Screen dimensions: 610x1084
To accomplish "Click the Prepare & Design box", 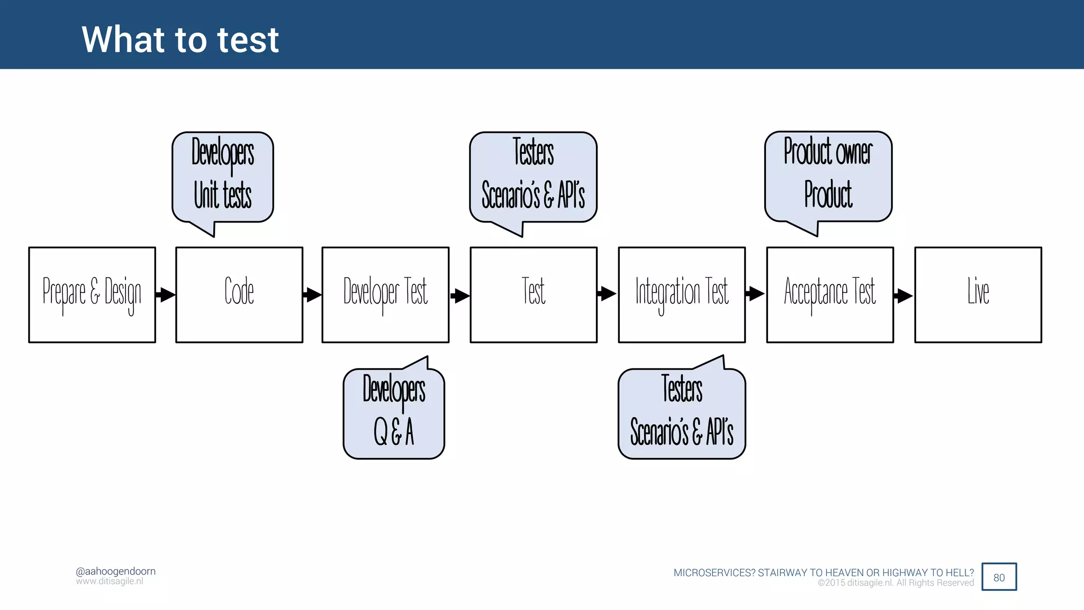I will [x=92, y=294].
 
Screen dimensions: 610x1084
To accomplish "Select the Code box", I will [x=239, y=294].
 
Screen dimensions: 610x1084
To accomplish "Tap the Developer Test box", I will [x=385, y=294].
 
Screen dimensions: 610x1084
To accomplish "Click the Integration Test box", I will [x=682, y=294].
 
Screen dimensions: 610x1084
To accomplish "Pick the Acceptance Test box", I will [x=830, y=294].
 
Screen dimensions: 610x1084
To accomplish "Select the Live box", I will [x=978, y=294].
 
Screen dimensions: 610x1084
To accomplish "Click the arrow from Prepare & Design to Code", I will [x=166, y=294].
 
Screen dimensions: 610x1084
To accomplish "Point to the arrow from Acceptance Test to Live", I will [x=904, y=295].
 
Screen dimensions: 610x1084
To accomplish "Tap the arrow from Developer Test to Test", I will [x=460, y=295].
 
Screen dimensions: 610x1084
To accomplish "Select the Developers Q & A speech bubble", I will [x=394, y=413].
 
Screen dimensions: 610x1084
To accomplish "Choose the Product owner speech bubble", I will [x=828, y=176].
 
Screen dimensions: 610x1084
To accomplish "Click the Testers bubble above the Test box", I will [x=533, y=176].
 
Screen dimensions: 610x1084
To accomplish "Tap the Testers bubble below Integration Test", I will [x=682, y=413].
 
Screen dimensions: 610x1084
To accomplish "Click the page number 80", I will [x=999, y=577].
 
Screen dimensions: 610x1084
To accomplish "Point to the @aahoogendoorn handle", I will [x=115, y=571].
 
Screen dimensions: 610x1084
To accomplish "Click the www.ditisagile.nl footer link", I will [x=109, y=581].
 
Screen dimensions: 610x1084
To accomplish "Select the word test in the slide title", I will [x=248, y=40].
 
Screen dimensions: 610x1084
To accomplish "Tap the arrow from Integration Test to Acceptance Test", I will [x=755, y=293].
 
